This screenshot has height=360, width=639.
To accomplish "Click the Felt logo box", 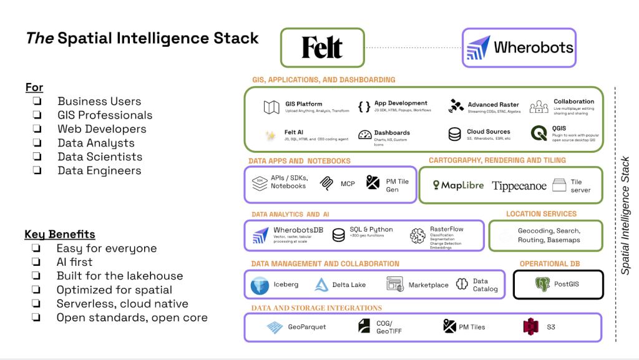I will click(x=322, y=47).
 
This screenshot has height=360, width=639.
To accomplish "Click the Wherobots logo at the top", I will click(x=519, y=47).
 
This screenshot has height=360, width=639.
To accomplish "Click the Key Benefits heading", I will click(x=60, y=235).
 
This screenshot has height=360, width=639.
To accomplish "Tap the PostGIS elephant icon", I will click(x=542, y=285).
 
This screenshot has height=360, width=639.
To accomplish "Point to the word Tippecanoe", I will click(x=519, y=186).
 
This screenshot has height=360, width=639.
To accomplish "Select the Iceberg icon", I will click(x=260, y=285).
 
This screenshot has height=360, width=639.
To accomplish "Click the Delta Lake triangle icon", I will click(x=321, y=285).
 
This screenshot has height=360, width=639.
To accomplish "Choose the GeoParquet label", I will click(x=306, y=327).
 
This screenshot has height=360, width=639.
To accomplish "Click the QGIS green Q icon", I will click(x=539, y=134).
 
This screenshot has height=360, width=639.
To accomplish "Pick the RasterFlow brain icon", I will click(x=417, y=236).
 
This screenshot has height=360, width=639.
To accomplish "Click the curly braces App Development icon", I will click(x=364, y=107).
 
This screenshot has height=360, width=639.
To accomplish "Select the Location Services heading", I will click(x=541, y=214).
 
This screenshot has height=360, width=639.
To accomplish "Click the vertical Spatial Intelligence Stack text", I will click(x=625, y=215).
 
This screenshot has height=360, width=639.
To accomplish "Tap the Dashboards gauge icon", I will click(x=365, y=134).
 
